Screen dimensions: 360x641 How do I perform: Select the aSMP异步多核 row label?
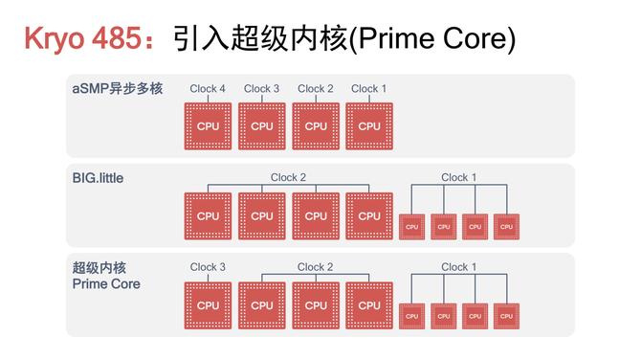click(x=117, y=89)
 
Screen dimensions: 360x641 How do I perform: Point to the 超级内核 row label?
click(x=99, y=267)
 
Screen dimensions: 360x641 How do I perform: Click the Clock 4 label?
click(x=208, y=89)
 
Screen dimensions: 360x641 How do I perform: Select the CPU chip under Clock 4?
click(x=208, y=125)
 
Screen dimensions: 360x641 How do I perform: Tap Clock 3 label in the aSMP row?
click(x=261, y=89)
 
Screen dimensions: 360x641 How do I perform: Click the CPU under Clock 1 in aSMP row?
click(x=369, y=125)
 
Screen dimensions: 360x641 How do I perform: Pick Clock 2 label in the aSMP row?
click(x=316, y=89)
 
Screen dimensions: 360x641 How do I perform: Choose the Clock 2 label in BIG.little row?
click(x=288, y=177)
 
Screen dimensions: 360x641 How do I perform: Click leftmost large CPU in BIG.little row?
click(x=208, y=215)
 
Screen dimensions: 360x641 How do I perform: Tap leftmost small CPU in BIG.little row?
click(x=411, y=226)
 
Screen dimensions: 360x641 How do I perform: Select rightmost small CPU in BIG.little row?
click(x=504, y=226)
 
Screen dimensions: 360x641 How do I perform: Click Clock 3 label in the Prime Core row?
click(x=208, y=267)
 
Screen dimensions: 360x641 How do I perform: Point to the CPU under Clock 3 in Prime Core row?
click(x=208, y=305)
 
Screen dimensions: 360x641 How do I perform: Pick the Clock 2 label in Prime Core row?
click(x=315, y=267)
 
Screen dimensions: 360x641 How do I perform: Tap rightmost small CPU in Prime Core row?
click(x=504, y=315)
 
